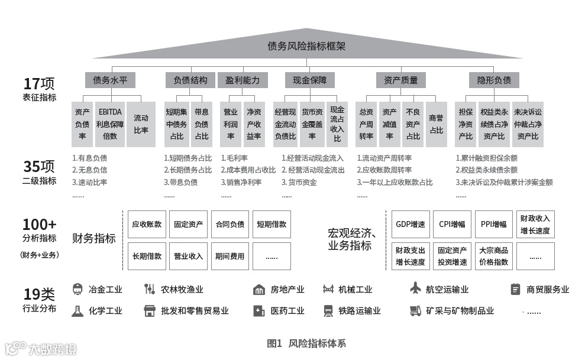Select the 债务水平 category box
point(110,80)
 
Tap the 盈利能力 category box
point(243,80)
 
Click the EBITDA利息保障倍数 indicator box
point(111,124)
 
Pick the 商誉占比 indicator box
point(436,124)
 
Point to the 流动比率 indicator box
point(141,124)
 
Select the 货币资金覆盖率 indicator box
point(312,124)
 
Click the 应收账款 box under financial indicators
point(147,225)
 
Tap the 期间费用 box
point(230,256)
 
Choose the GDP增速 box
point(411,225)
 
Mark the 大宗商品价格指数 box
point(493,256)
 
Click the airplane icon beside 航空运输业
point(415,289)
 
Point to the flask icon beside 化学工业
point(77,310)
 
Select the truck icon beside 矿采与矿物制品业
point(415,310)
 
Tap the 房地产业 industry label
point(287,290)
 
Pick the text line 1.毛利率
point(234,158)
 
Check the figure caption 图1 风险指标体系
point(306,343)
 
